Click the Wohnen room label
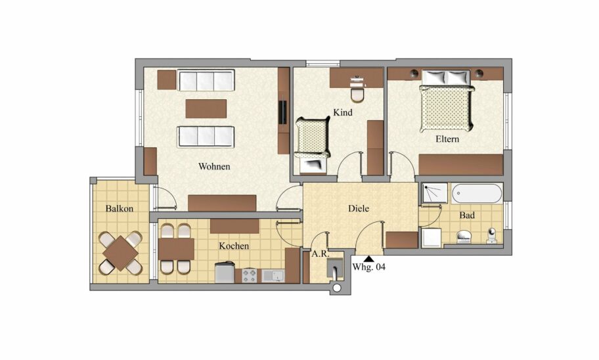[214, 167]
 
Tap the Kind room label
[343, 112]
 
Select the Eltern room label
[447, 139]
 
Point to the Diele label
[359, 209]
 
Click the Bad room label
[467, 215]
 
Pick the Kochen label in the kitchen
[234, 246]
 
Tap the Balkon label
[120, 209]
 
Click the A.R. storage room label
[320, 254]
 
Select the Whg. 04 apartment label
[368, 267]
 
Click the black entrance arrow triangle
[368, 259]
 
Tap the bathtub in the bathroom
[477, 194]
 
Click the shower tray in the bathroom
[435, 193]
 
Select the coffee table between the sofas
[206, 108]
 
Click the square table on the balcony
[121, 253]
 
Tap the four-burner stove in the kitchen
[250, 276]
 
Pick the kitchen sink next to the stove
[273, 275]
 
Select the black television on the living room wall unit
[284, 112]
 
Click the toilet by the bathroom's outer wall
[492, 236]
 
